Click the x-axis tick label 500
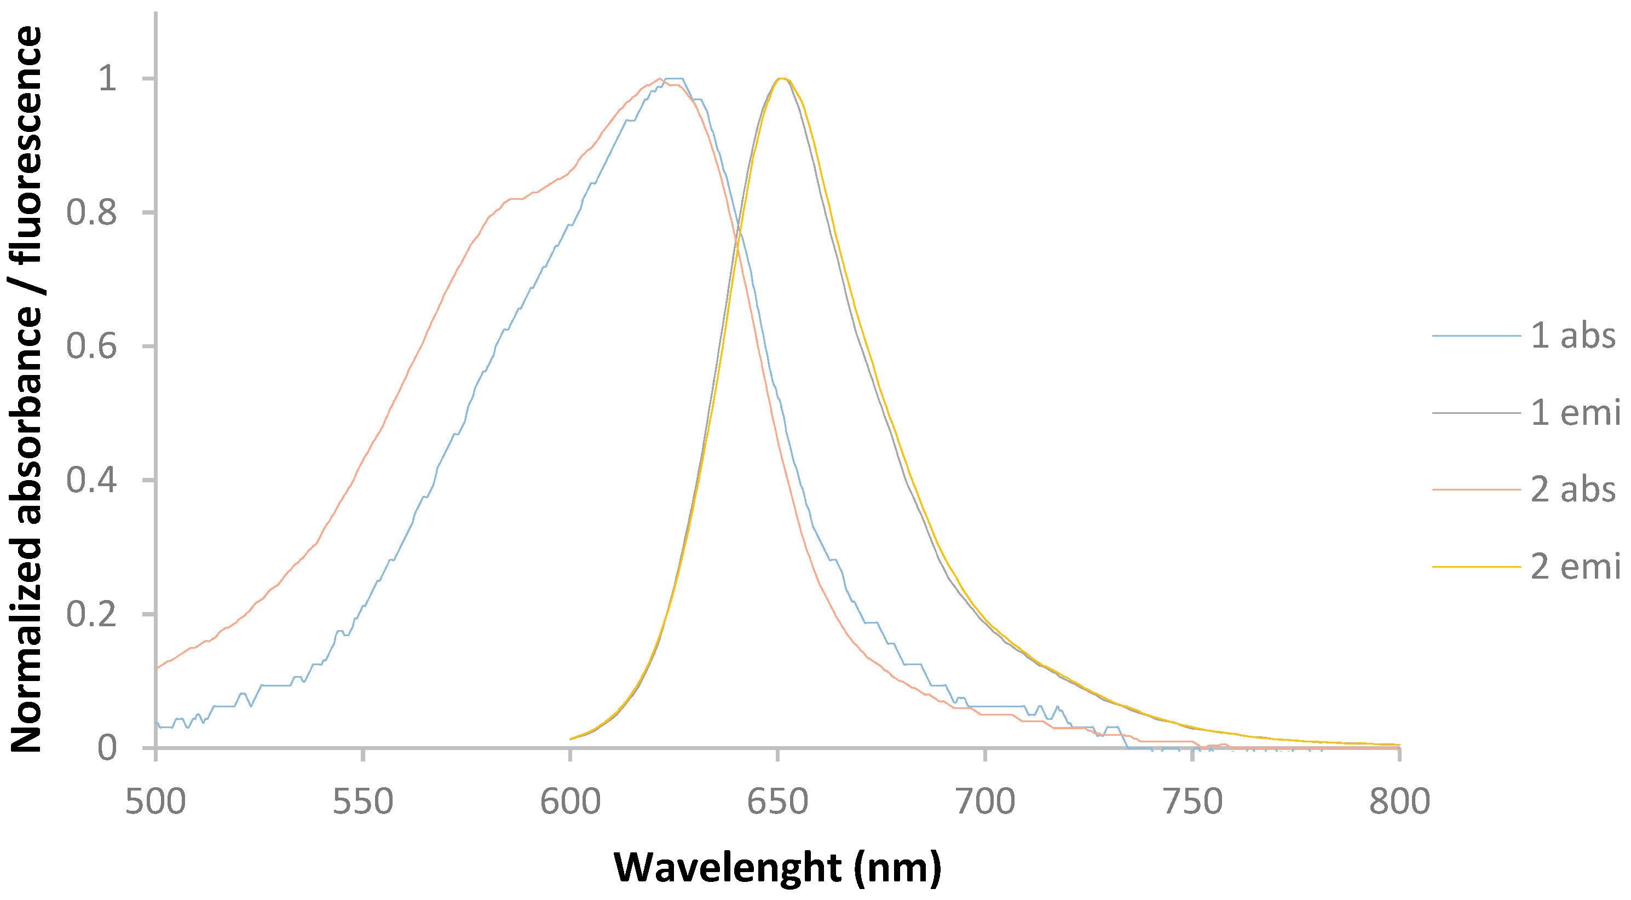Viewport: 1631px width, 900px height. point(155,802)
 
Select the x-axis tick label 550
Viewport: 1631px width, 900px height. point(363,802)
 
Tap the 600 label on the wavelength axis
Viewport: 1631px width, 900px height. point(570,802)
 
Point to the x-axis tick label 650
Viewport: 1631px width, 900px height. point(777,802)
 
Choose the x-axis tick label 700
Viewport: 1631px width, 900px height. point(985,802)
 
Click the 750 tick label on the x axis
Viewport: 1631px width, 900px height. point(1193,802)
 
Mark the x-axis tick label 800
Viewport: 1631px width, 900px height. point(1400,802)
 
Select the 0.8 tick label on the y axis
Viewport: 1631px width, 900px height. point(92,212)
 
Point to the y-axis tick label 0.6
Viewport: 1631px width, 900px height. point(92,346)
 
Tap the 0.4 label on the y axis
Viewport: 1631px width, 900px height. point(92,480)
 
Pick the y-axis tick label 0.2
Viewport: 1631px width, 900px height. point(92,614)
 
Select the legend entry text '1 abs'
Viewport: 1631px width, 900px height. point(1573,336)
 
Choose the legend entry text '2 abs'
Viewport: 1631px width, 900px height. point(1573,490)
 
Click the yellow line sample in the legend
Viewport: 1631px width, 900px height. point(1476,567)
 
